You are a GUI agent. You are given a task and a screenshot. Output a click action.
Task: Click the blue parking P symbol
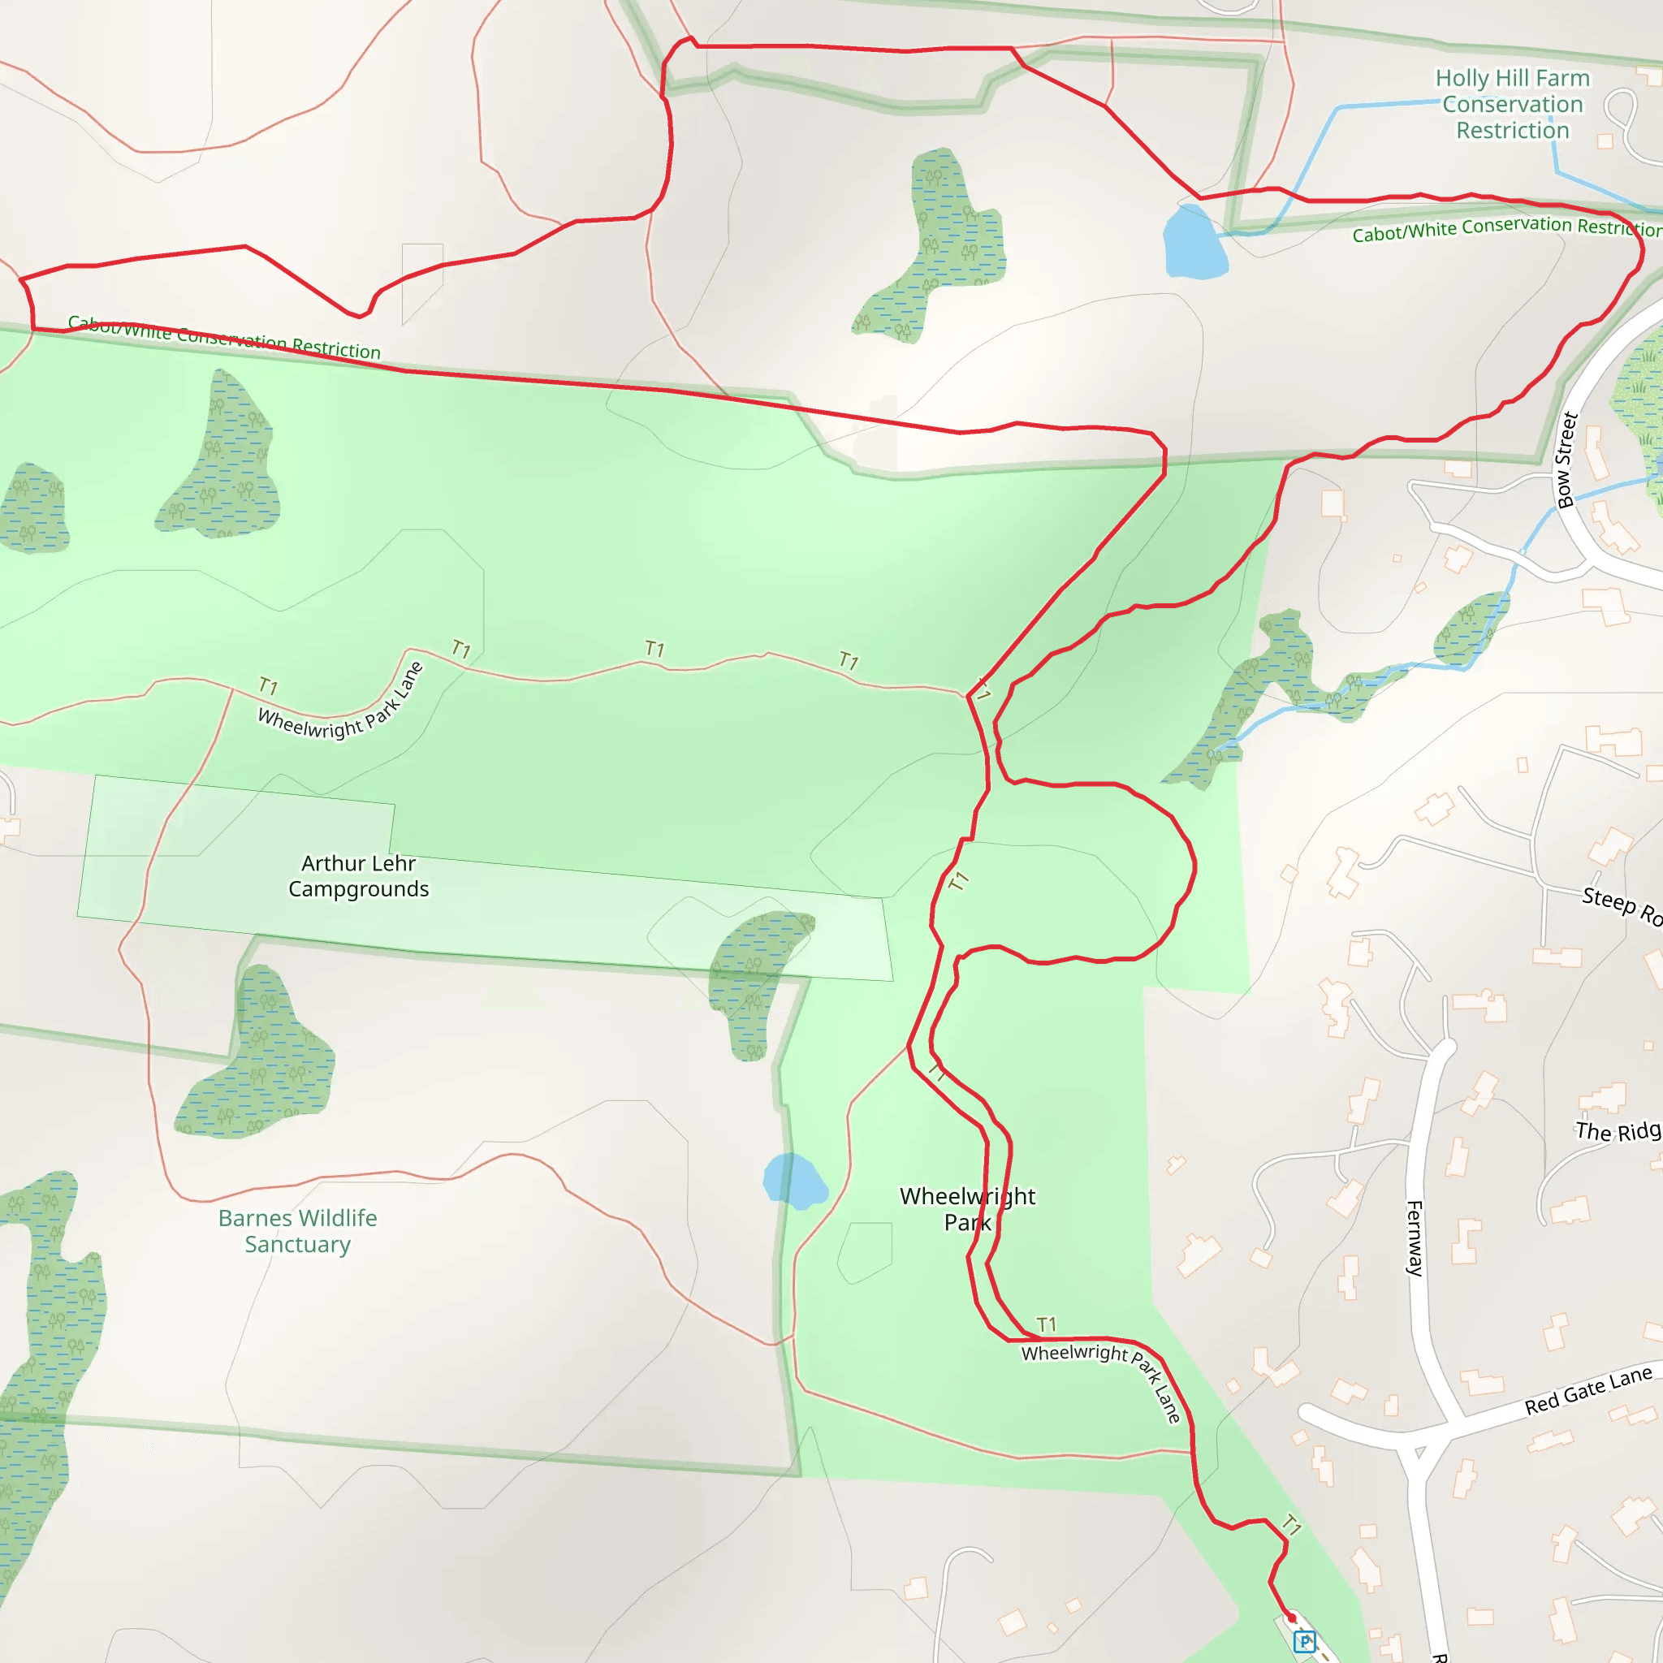click(1305, 1641)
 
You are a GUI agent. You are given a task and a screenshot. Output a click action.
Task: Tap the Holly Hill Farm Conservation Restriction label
click(1512, 104)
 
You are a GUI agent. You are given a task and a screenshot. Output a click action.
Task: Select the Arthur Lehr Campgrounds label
click(358, 875)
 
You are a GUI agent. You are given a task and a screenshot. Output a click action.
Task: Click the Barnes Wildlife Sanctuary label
click(297, 1231)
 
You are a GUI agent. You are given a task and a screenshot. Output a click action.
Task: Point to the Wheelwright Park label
click(967, 1208)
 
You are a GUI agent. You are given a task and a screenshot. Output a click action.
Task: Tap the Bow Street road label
click(1566, 460)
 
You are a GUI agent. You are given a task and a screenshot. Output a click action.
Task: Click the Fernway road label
click(1415, 1238)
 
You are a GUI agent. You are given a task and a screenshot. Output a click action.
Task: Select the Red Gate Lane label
click(1587, 1390)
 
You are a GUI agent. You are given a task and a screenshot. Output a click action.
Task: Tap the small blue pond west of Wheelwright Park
click(793, 1181)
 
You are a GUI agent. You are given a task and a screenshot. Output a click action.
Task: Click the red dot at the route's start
click(1292, 1618)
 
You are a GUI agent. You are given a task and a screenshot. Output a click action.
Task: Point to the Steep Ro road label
click(1621, 905)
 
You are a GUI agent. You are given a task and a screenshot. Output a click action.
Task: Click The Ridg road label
click(1618, 1131)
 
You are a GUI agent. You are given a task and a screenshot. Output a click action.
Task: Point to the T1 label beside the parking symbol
click(1291, 1524)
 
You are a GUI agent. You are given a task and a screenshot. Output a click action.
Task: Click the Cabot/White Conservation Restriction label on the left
click(224, 338)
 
